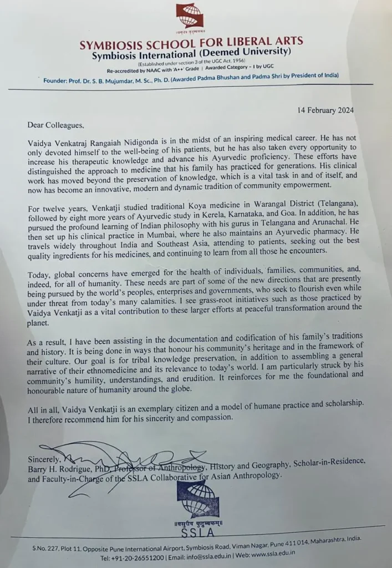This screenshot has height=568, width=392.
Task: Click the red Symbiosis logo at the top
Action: pos(190,16)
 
